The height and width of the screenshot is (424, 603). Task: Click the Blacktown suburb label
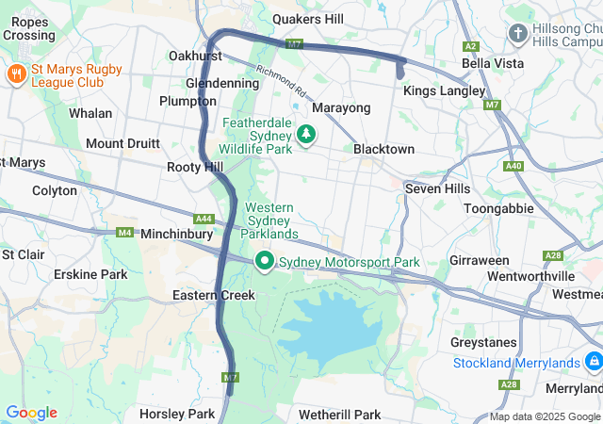click(x=383, y=149)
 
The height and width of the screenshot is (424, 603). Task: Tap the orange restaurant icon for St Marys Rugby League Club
click(x=15, y=73)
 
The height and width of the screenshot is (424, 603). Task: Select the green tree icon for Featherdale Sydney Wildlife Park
click(x=305, y=136)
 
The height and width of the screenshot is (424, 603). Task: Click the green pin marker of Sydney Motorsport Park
click(x=266, y=261)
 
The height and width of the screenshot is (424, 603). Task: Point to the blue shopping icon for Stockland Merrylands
click(x=593, y=362)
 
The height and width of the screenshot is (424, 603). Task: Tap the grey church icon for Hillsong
click(x=517, y=34)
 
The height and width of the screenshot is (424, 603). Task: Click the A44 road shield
click(x=204, y=219)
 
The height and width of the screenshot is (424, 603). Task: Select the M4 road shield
click(x=124, y=232)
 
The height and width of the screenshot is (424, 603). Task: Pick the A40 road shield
click(x=513, y=166)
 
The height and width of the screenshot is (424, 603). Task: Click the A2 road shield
click(x=470, y=46)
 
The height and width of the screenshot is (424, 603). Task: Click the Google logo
click(x=31, y=413)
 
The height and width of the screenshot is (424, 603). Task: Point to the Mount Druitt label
click(x=122, y=143)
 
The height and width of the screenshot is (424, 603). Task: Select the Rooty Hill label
click(x=195, y=167)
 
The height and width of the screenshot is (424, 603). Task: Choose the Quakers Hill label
click(x=308, y=19)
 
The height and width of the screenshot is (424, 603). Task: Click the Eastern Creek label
click(x=214, y=295)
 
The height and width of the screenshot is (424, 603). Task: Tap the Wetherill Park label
click(x=339, y=415)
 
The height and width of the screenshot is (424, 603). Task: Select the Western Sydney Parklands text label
click(x=271, y=220)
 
